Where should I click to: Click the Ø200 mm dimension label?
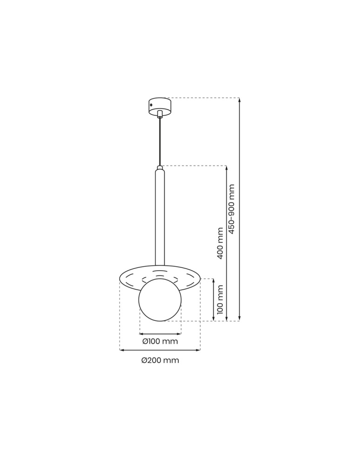click(160, 360)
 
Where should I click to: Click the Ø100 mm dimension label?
click(160, 342)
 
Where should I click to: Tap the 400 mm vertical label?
click(220, 243)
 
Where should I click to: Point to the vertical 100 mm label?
click(220, 299)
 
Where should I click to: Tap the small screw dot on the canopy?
click(151, 107)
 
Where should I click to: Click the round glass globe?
click(160, 300)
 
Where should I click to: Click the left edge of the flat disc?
click(120, 279)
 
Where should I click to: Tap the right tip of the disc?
click(200, 278)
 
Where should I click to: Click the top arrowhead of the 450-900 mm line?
click(239, 100)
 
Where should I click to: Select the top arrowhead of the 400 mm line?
click(227, 168)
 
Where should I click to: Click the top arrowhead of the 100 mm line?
click(213, 281)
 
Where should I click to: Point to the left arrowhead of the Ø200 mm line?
click(122, 350)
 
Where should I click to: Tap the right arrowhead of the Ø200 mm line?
click(199, 350)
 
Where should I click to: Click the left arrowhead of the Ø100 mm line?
click(141, 333)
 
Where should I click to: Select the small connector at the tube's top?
click(160, 167)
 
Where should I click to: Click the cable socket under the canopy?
click(160, 114)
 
